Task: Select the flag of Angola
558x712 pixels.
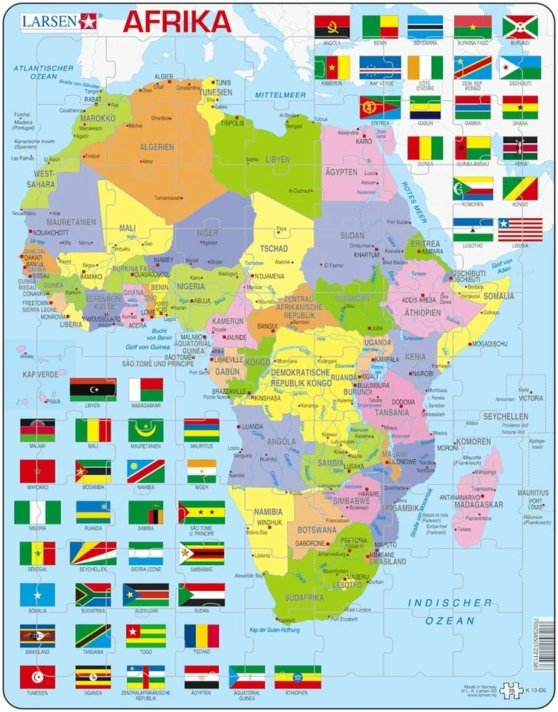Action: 332,27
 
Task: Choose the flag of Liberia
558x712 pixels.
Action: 519,229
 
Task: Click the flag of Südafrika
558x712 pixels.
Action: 93,594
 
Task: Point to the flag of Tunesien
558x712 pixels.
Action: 37,676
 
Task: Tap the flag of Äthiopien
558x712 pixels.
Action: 298,676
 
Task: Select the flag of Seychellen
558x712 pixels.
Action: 93,553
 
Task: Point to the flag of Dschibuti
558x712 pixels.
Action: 519,67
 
